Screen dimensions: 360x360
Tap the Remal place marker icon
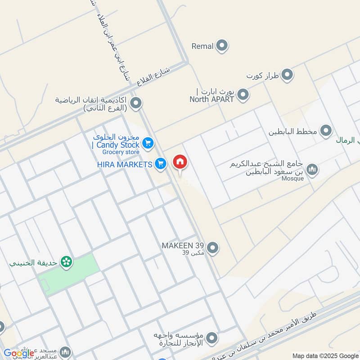tap(221, 45)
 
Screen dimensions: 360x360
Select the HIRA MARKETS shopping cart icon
tap(160, 164)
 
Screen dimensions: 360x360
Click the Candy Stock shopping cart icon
tap(147, 144)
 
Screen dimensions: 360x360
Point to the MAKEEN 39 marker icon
tap(213, 247)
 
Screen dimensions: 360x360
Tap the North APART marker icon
tap(243, 95)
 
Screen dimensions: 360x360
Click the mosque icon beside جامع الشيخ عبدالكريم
tap(313, 169)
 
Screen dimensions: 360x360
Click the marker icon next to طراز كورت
tap(287, 75)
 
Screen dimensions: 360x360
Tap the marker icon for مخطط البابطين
tap(326, 131)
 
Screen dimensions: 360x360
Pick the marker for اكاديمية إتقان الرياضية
tap(137, 103)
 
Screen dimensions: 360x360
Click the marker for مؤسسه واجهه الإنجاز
tap(212, 337)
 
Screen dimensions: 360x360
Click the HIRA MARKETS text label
tap(125, 165)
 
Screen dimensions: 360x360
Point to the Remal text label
tap(202, 46)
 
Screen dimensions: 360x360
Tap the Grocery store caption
tap(121, 153)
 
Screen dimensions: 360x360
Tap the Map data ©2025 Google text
tap(324, 355)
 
